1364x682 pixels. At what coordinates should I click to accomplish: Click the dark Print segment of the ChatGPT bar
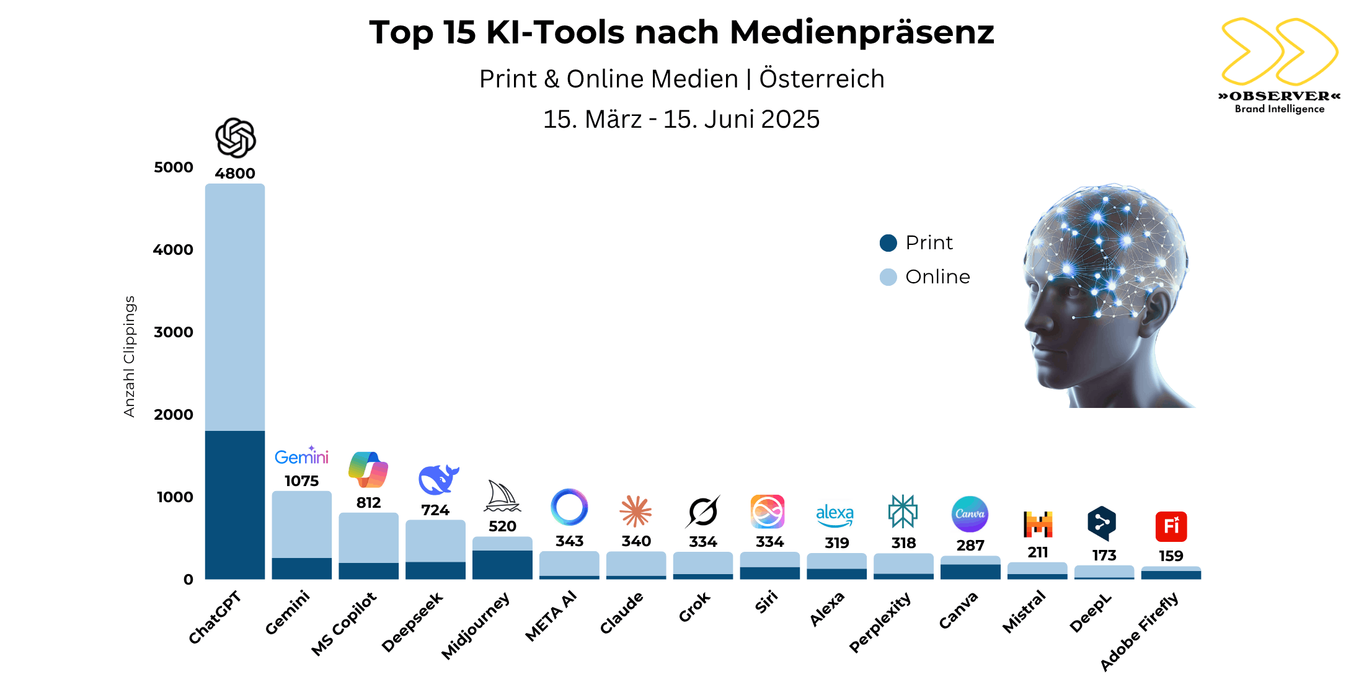(234, 505)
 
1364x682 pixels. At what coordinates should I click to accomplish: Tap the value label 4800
(234, 174)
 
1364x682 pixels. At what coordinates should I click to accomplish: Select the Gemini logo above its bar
(301, 457)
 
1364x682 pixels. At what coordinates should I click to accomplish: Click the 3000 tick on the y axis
(174, 332)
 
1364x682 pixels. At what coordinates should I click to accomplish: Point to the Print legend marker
(888, 243)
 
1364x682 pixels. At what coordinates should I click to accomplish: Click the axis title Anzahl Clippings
(129, 356)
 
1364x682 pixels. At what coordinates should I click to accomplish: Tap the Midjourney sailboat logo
(502, 497)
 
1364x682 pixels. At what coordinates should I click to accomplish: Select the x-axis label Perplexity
(880, 622)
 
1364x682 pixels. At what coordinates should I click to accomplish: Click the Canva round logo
(970, 514)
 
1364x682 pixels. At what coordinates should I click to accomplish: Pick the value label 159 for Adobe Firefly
(1171, 556)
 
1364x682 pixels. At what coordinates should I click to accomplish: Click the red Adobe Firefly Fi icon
(1171, 526)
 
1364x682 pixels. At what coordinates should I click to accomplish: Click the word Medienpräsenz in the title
(862, 32)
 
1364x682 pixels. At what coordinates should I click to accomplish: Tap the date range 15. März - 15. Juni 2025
(681, 120)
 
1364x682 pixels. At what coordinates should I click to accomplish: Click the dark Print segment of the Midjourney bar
(502, 565)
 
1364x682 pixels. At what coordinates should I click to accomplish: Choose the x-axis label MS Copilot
(343, 624)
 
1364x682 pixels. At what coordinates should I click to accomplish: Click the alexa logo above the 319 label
(835, 515)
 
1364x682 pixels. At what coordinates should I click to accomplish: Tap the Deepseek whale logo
(438, 479)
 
